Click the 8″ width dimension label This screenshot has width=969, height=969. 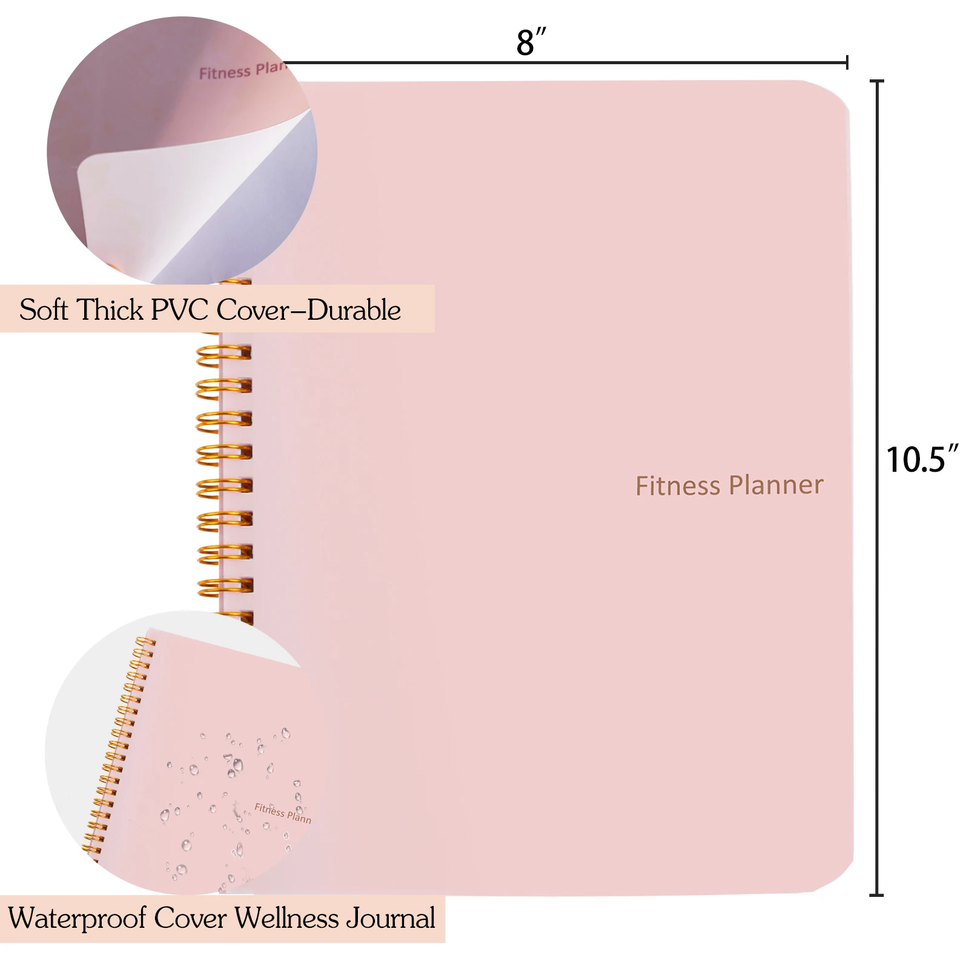(x=531, y=42)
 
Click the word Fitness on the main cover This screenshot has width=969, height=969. (x=678, y=486)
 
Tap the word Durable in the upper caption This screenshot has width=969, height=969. (x=354, y=310)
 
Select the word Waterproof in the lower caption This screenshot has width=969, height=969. (x=77, y=919)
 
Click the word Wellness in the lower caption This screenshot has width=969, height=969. (x=286, y=919)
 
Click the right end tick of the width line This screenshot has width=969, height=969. (x=847, y=62)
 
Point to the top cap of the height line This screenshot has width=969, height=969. (x=876, y=81)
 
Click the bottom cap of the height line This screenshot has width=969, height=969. (x=876, y=895)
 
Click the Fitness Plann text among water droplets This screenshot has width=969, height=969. (x=282, y=813)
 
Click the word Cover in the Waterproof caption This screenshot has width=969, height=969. (x=190, y=919)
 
